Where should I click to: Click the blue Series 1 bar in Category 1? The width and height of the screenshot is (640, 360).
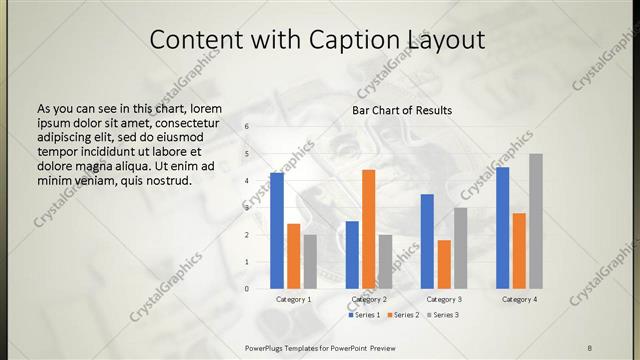277,231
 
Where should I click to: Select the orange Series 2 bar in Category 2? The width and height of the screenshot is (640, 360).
369,229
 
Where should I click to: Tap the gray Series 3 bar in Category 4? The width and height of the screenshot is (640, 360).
536,221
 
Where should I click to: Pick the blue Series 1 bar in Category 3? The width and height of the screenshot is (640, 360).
427,241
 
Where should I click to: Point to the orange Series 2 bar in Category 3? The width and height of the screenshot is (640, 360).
444,264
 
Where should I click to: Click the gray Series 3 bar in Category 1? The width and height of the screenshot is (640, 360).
310,262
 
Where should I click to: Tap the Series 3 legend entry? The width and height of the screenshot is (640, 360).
442,315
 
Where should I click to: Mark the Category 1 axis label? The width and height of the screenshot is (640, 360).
293,299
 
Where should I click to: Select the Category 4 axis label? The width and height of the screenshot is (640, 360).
519,299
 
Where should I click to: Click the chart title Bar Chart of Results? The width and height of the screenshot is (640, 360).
402,110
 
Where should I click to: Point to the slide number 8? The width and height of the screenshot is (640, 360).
589,346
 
